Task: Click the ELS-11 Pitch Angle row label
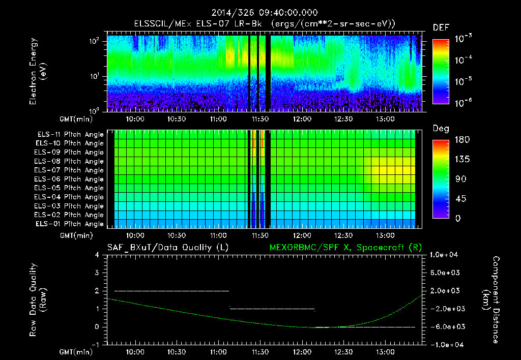click(x=69, y=134)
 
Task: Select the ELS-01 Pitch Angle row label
click(x=69, y=224)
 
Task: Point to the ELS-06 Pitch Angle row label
click(x=69, y=179)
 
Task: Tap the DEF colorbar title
click(x=441, y=28)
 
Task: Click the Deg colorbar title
click(x=441, y=129)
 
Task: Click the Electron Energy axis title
click(x=38, y=72)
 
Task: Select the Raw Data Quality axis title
click(x=38, y=300)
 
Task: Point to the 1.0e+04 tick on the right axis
click(x=446, y=255)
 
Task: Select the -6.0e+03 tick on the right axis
click(x=446, y=327)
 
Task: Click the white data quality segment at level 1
click(x=272, y=309)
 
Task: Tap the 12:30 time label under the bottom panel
click(x=343, y=352)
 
